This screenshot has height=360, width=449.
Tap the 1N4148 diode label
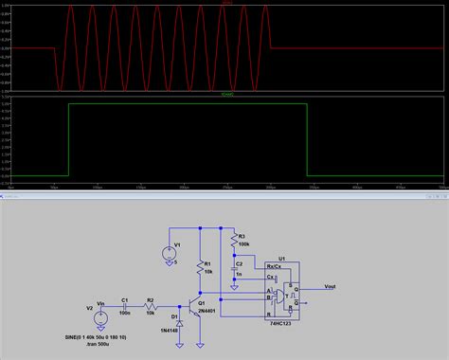coord(171,331)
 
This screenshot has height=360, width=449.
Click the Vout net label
coord(329,285)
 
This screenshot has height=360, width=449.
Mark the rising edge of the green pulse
coord(68,140)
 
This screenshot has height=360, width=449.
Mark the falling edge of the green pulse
coord(307,140)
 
